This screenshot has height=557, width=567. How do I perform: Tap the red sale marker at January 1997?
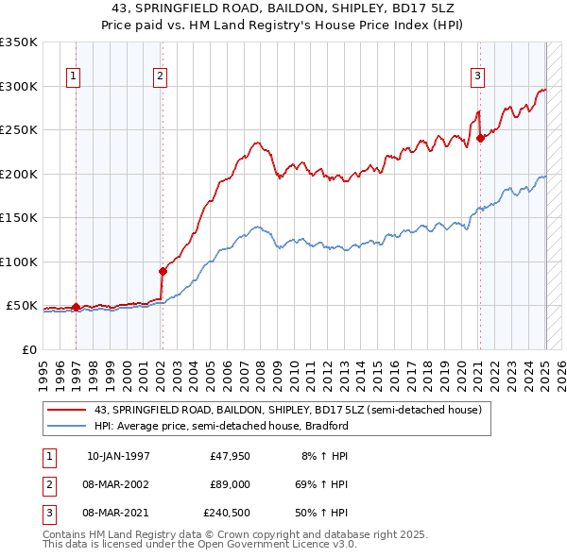pyautogui.click(x=76, y=307)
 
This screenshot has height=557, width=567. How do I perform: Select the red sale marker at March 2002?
pyautogui.click(x=163, y=271)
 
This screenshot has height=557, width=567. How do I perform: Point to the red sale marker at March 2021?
pyautogui.click(x=480, y=138)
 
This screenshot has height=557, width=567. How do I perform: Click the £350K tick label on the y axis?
pyautogui.click(x=19, y=42)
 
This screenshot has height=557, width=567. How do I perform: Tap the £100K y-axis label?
pyautogui.click(x=19, y=262)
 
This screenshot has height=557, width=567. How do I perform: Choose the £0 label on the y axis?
pyautogui.click(x=29, y=349)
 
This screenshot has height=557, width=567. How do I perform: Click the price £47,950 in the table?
pyautogui.click(x=231, y=455)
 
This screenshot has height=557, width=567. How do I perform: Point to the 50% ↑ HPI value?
pyautogui.click(x=326, y=514)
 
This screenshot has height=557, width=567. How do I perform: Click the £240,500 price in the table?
pyautogui.click(x=227, y=514)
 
